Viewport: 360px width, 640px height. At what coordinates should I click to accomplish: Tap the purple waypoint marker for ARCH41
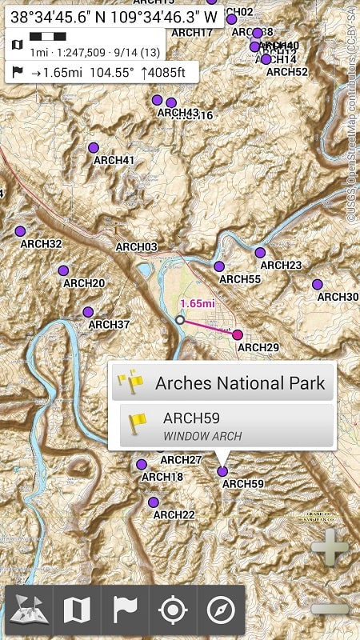[94, 147]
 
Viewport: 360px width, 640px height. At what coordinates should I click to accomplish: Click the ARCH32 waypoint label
[42, 244]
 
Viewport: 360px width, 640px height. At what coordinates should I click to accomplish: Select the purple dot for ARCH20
[63, 270]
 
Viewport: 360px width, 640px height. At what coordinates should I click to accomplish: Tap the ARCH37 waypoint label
[109, 325]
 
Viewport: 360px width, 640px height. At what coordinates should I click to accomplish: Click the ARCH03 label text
[137, 247]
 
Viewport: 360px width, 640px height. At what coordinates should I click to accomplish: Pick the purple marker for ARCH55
[219, 266]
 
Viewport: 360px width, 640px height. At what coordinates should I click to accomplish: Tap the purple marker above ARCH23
[260, 253]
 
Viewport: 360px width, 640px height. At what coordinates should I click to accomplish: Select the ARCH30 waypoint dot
[318, 284]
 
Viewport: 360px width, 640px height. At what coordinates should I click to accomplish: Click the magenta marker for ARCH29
[238, 335]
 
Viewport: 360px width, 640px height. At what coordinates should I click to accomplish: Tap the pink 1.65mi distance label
[198, 304]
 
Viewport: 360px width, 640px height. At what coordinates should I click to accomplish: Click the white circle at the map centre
[180, 319]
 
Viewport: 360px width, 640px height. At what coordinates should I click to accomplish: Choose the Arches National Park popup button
[223, 382]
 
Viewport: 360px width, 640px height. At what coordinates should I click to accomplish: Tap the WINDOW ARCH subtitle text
[202, 436]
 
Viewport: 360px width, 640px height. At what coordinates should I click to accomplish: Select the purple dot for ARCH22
[153, 502]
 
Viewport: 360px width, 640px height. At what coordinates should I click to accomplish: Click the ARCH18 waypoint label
[162, 478]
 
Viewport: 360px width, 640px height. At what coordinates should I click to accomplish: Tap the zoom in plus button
[330, 551]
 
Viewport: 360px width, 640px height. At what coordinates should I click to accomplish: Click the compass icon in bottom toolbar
[220, 610]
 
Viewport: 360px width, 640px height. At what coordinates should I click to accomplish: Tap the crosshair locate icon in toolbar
[172, 610]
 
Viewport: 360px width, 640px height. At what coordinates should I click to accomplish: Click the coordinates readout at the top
[114, 15]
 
